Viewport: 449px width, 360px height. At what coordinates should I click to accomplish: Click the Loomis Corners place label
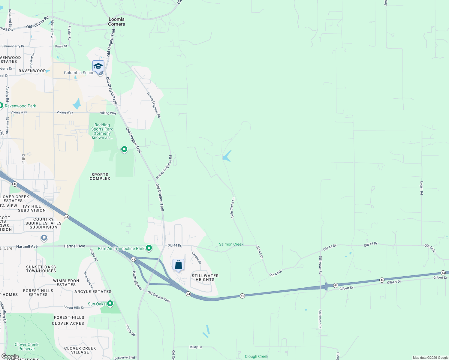pos(116,22)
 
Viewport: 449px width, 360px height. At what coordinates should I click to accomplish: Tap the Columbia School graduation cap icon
pos(98,66)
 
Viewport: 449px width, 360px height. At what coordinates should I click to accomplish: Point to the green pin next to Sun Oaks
pos(110,304)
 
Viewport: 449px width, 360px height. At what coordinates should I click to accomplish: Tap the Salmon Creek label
pos(231,244)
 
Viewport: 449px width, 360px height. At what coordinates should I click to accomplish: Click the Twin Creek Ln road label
pos(233,208)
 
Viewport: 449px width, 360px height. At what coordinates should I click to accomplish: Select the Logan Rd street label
pos(421,188)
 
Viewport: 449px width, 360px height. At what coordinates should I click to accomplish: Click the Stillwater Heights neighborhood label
pos(205,277)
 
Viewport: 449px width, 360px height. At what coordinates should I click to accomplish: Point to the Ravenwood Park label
pos(20,106)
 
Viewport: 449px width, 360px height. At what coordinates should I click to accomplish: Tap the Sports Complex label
pos(100,176)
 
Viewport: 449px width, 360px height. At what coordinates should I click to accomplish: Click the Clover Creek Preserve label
pos(26,346)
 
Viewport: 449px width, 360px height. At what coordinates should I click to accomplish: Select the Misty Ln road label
pos(196,347)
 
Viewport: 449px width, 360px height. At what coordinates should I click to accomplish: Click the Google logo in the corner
pos(10,356)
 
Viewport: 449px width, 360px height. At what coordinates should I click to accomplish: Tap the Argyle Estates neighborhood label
pos(93,292)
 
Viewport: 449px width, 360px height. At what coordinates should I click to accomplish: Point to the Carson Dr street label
pos(196,257)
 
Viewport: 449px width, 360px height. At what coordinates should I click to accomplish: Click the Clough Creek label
pos(256,356)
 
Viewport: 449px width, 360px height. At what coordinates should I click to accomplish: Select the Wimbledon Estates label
pos(66,283)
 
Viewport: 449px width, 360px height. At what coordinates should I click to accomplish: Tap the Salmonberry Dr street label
pos(13,46)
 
